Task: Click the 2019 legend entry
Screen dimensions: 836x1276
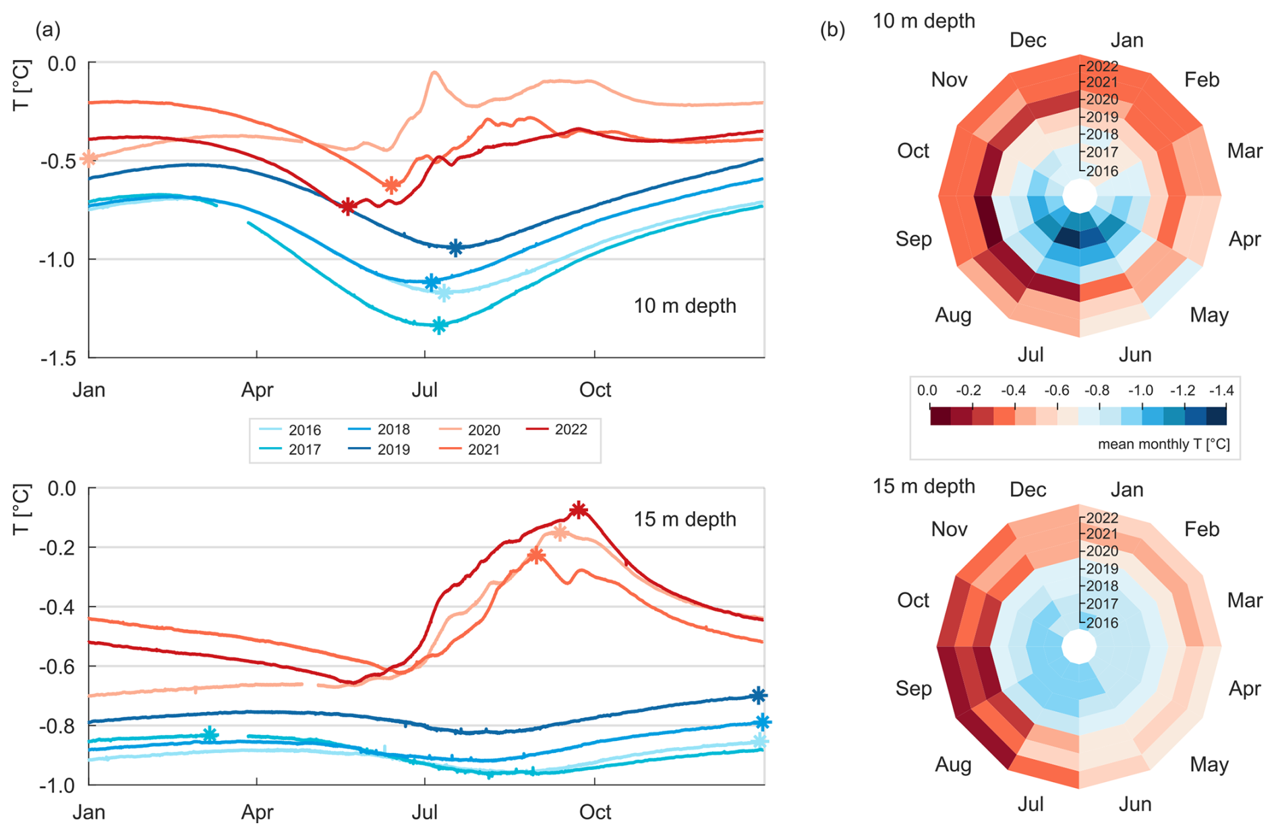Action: pyautogui.click(x=393, y=450)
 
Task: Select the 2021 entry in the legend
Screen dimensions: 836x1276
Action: pyautogui.click(x=484, y=450)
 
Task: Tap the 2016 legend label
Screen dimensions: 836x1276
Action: pyautogui.click(x=304, y=430)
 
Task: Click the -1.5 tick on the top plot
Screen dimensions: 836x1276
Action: pyautogui.click(x=59, y=358)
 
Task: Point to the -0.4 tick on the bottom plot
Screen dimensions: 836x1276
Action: pyautogui.click(x=59, y=607)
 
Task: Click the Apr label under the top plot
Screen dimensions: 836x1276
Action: pyautogui.click(x=257, y=390)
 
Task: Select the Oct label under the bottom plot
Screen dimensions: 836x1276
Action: pyautogui.click(x=595, y=812)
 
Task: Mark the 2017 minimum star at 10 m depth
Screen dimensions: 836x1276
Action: pyautogui.click(x=439, y=326)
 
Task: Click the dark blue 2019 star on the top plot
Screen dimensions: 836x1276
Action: pyautogui.click(x=456, y=247)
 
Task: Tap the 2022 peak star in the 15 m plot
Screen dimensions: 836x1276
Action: pyautogui.click(x=578, y=510)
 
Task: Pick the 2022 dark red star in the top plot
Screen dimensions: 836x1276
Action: pyautogui.click(x=347, y=206)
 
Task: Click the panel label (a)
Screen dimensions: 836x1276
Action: pyautogui.click(x=48, y=30)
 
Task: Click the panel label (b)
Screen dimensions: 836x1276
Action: pyautogui.click(x=832, y=30)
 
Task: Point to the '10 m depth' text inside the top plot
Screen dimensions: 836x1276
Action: pyautogui.click(x=685, y=306)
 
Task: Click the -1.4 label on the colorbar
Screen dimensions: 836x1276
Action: pyautogui.click(x=1221, y=390)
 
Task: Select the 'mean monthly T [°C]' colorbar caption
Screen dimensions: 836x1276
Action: pyautogui.click(x=1163, y=444)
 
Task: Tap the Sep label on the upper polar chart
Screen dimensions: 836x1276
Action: pyautogui.click(x=913, y=239)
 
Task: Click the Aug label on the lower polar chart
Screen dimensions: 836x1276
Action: pyautogui.click(x=953, y=765)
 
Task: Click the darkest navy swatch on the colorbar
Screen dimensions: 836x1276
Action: pyautogui.click(x=1216, y=415)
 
